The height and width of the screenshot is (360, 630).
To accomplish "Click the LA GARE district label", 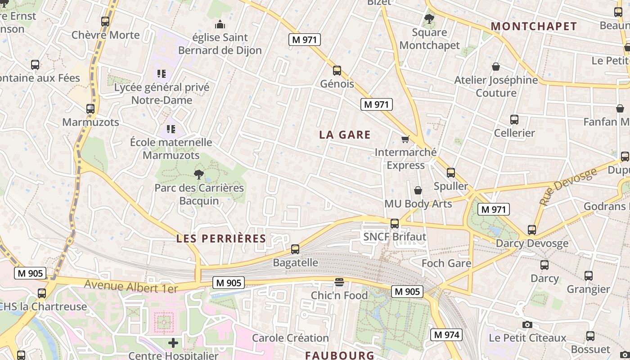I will (x=345, y=135).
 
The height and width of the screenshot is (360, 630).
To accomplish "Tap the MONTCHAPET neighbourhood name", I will (x=534, y=27).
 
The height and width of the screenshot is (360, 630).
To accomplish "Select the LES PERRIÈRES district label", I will (x=221, y=238).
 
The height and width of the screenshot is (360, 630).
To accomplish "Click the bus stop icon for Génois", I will (x=337, y=71).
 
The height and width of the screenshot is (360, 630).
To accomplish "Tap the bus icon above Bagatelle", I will (x=295, y=249).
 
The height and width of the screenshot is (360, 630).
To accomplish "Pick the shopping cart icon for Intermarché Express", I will (x=405, y=139).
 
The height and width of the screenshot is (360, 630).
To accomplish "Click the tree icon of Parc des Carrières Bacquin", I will (x=198, y=175).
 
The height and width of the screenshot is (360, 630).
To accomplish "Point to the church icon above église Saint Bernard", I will (x=220, y=24).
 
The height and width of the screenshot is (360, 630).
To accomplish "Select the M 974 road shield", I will (x=446, y=335).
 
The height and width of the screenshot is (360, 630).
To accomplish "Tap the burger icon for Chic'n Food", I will (x=339, y=282).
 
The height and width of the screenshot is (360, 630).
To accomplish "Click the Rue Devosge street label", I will (x=568, y=186).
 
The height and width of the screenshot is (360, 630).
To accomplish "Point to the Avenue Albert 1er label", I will (x=131, y=286).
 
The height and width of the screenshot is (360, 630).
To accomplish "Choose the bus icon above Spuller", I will (x=451, y=173).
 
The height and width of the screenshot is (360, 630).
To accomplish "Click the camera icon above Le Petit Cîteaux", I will (x=527, y=324).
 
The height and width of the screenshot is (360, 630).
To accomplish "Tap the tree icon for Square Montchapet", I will (x=429, y=19).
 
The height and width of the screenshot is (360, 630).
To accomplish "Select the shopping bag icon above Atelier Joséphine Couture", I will (x=496, y=67).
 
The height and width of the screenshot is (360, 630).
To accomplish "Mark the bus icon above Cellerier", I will (x=514, y=120).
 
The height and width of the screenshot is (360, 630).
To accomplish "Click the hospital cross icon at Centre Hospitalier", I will (x=173, y=343).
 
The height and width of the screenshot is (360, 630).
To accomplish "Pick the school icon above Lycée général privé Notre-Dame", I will (x=162, y=73).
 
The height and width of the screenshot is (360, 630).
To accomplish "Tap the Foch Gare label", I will (x=446, y=263).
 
